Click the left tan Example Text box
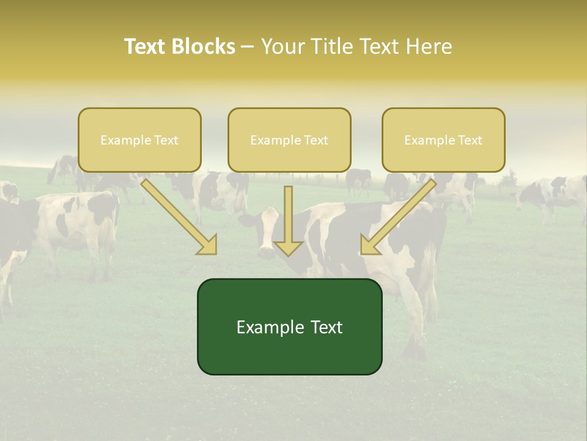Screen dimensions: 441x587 [x=139, y=140]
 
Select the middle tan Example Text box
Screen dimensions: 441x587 [x=289, y=140]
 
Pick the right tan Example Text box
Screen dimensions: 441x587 [x=443, y=140]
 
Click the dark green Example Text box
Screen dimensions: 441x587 [x=289, y=326]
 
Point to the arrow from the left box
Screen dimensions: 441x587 [x=177, y=214]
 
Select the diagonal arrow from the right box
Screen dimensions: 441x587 [x=401, y=214]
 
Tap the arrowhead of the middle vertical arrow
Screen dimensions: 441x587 [x=289, y=247]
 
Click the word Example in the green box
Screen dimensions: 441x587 [x=262, y=327]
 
